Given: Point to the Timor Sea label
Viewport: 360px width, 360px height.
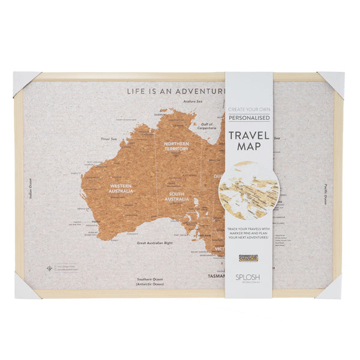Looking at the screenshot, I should [109, 139].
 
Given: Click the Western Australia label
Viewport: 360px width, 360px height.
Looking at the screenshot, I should [121, 188].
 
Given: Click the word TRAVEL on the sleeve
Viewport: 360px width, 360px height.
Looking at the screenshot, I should [248, 136].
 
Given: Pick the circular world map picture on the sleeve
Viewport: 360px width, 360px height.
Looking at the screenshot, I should [248, 189].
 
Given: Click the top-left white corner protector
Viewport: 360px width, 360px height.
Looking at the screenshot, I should [25, 82].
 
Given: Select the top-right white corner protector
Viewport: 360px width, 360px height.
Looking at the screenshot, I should [332, 82].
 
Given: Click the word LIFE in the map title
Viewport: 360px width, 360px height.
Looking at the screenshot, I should [135, 92].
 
